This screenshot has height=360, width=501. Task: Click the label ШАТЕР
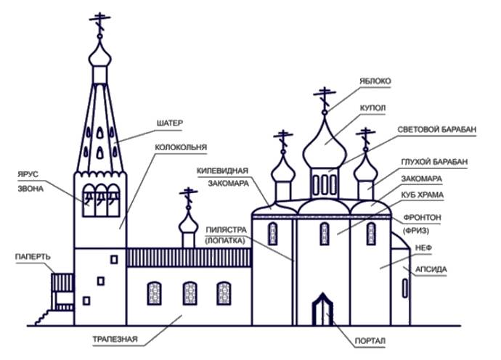169,123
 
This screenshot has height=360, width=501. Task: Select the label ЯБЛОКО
373,82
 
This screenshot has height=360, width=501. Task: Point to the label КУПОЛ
372,107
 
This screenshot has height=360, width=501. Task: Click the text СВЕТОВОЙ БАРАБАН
437,128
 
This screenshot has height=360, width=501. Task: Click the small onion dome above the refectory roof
188,224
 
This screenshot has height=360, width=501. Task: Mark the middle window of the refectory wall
189,292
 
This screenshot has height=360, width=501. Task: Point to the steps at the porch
46,314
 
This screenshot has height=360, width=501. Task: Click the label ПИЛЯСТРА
227,227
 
